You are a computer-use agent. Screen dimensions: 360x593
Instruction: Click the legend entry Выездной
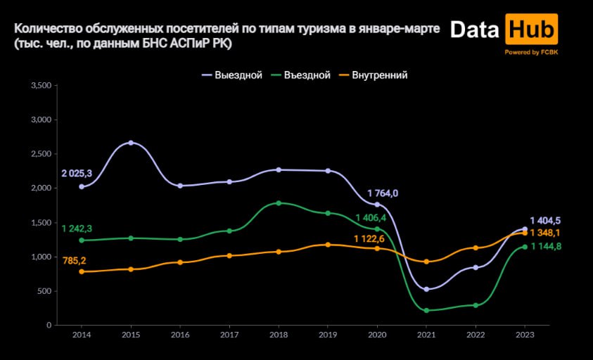pyautogui.click(x=232, y=75)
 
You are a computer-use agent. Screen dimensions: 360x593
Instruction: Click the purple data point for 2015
pyautogui.click(x=131, y=143)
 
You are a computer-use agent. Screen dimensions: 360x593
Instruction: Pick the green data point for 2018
pyautogui.click(x=279, y=203)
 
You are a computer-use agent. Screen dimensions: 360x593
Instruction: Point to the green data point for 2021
pyautogui.click(x=426, y=310)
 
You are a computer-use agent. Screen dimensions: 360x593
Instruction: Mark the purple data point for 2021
pyautogui.click(x=426, y=289)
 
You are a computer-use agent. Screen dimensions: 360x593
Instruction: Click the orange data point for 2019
pyautogui.click(x=328, y=245)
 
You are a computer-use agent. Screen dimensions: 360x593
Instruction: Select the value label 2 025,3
pyautogui.click(x=77, y=173)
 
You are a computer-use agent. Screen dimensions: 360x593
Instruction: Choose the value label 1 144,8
pyautogui.click(x=544, y=246)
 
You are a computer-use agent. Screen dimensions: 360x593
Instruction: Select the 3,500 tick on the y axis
pyautogui.click(x=41, y=85)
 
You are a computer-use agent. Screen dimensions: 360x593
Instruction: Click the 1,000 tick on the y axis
pyautogui.click(x=41, y=257)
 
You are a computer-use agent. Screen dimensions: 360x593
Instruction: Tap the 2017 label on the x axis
pyautogui.click(x=229, y=335)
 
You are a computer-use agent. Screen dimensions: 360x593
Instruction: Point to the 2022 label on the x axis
pyautogui.click(x=476, y=335)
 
